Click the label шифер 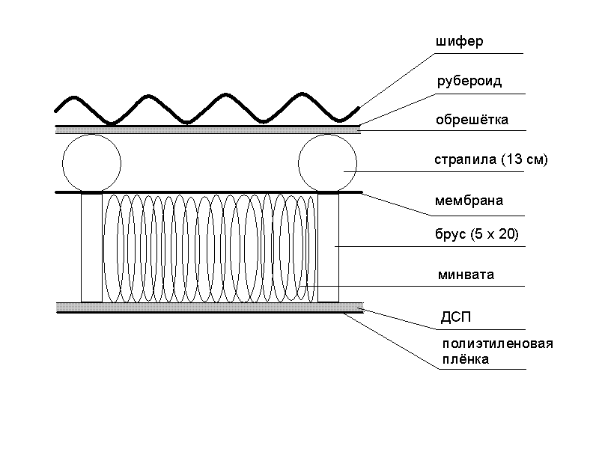[459, 42]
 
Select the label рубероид [469, 82]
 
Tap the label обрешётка [472, 120]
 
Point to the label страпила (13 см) [491, 160]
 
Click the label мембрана [469, 201]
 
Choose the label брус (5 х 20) [476, 236]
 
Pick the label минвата [466, 275]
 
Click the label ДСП [455, 317]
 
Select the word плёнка [464, 360]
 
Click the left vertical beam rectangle [91, 247]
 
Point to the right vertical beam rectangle [329, 247]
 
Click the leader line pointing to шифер [397, 79]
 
